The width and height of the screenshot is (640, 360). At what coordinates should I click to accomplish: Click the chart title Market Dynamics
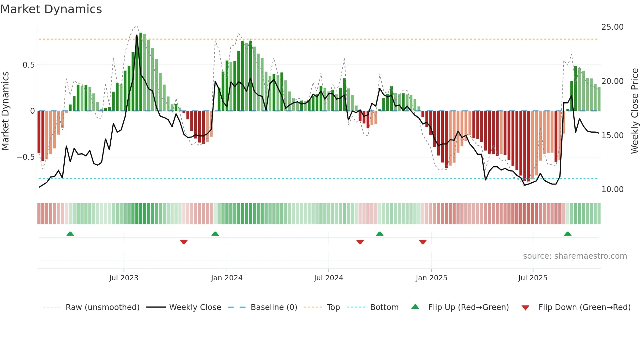51,9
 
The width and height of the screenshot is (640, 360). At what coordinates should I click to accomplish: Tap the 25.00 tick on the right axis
612,27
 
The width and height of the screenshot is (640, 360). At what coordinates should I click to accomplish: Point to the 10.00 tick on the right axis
612,189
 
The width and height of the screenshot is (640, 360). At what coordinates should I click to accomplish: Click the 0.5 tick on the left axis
28,65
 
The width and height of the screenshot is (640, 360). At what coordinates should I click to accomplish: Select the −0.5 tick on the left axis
26,157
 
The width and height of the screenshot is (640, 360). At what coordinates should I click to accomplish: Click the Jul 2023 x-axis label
124,278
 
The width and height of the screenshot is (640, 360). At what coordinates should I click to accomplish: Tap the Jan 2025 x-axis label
431,278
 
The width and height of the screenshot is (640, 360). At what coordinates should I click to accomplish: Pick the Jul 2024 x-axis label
328,278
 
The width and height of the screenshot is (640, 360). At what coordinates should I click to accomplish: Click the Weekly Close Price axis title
634,111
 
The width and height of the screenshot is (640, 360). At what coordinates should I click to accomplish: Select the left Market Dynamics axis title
6,111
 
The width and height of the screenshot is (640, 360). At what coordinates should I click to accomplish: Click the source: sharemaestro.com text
575,256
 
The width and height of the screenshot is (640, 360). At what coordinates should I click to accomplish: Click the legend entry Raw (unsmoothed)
102,307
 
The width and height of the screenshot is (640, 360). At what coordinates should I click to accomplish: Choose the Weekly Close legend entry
195,307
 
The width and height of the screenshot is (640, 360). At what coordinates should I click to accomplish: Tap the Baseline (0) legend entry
274,307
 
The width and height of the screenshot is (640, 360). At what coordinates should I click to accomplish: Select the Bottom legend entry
384,307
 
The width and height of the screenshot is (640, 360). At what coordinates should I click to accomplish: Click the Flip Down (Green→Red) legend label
584,307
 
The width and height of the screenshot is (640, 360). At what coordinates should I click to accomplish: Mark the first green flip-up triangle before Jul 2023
70,234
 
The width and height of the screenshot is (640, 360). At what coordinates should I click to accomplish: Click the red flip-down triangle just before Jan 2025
423,242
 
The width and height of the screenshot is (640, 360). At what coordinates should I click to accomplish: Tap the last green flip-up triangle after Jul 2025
568,234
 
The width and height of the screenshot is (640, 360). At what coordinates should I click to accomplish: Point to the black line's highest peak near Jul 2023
137,35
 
